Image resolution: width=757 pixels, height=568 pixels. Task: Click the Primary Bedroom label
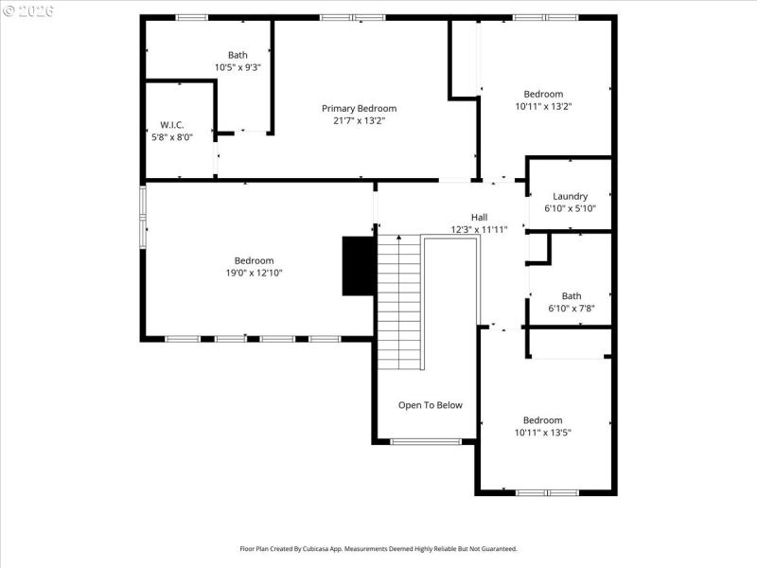point(359,109)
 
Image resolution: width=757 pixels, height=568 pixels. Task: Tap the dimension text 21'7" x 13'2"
point(359,121)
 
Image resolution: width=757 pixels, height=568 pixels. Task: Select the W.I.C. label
point(171,125)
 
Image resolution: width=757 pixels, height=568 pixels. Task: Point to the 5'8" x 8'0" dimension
point(171,137)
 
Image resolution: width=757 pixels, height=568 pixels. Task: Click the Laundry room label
point(570,197)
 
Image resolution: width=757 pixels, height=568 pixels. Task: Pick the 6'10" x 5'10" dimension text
point(570,209)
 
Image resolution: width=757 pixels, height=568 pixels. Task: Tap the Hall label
point(479,217)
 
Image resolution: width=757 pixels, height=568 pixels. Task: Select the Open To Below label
point(430,405)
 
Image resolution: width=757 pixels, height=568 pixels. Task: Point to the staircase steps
point(398,303)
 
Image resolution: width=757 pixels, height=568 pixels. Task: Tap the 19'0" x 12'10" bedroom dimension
point(254,274)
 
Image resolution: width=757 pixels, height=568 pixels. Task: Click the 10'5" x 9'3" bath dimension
point(237,67)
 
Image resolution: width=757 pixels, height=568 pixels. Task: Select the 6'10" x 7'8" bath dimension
point(571,308)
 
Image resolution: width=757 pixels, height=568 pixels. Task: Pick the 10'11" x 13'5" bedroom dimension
point(542,433)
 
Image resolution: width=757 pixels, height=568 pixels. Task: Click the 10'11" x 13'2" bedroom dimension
point(542,107)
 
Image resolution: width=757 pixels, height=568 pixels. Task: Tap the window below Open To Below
point(426,441)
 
